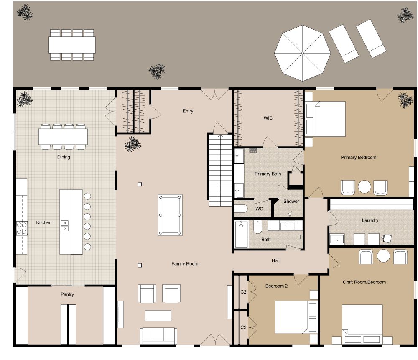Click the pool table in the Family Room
(x=170, y=214)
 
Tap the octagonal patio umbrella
(x=302, y=53)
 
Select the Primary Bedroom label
(x=358, y=158)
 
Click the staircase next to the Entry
(x=220, y=169)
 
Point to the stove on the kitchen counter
(x=22, y=228)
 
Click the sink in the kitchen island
(x=65, y=226)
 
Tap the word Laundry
(x=370, y=220)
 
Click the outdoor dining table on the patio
(x=72, y=45)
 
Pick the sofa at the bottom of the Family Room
(x=158, y=335)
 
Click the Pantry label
(x=67, y=294)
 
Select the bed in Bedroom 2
(x=293, y=317)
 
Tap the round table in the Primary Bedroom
(x=364, y=186)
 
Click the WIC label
(x=268, y=118)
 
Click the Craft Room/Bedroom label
(x=364, y=282)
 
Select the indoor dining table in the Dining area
(x=63, y=136)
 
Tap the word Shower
(x=291, y=201)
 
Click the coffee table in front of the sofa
(x=158, y=315)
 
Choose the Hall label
(x=275, y=260)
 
